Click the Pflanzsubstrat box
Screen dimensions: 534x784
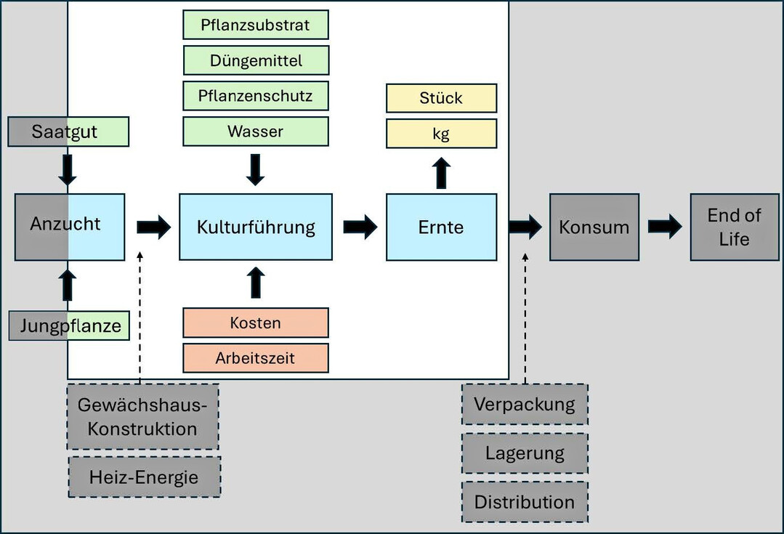(x=255, y=25)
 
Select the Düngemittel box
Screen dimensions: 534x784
(x=255, y=60)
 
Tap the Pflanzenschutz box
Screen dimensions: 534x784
(x=255, y=96)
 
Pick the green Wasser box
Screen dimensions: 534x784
(x=255, y=132)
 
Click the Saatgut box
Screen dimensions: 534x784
(x=68, y=132)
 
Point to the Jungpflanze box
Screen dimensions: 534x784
(x=68, y=325)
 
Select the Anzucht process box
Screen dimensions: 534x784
(x=69, y=227)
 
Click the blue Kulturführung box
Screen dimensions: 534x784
(x=256, y=227)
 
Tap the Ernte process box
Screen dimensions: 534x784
(x=441, y=227)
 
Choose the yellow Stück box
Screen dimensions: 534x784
(x=441, y=98)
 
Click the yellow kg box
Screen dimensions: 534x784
(x=441, y=134)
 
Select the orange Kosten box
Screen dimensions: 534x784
(x=255, y=323)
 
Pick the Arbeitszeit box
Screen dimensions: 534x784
(x=255, y=357)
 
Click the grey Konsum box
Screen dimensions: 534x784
(x=594, y=227)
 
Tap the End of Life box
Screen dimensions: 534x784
(x=734, y=227)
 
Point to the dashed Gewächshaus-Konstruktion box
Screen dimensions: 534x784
(x=142, y=417)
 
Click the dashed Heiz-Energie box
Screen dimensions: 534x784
(x=144, y=477)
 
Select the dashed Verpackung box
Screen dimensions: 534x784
(x=524, y=404)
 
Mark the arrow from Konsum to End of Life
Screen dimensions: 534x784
(x=664, y=227)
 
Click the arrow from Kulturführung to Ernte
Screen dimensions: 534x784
(x=360, y=227)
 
